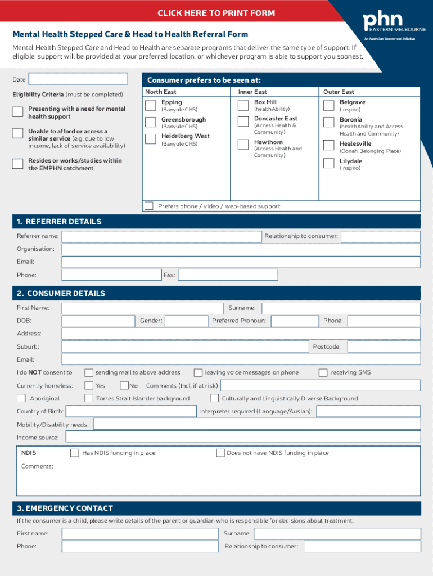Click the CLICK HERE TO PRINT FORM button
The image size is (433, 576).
[216, 13]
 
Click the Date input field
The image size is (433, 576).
[78, 79]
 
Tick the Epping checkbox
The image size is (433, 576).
[151, 105]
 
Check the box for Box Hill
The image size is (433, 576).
[243, 105]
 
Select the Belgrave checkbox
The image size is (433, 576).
[329, 105]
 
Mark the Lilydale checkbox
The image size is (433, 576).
[329, 164]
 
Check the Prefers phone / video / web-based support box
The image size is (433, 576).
[148, 206]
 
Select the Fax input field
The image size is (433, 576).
[228, 275]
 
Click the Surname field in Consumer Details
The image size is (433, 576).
[341, 308]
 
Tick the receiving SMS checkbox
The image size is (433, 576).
[323, 372]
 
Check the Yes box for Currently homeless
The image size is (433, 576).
[89, 385]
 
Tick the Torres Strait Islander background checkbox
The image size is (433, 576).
[89, 398]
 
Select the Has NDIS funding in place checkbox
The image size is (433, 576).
[74, 453]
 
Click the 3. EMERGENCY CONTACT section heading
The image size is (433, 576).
[65, 508]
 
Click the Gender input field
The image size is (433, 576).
[186, 321]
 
